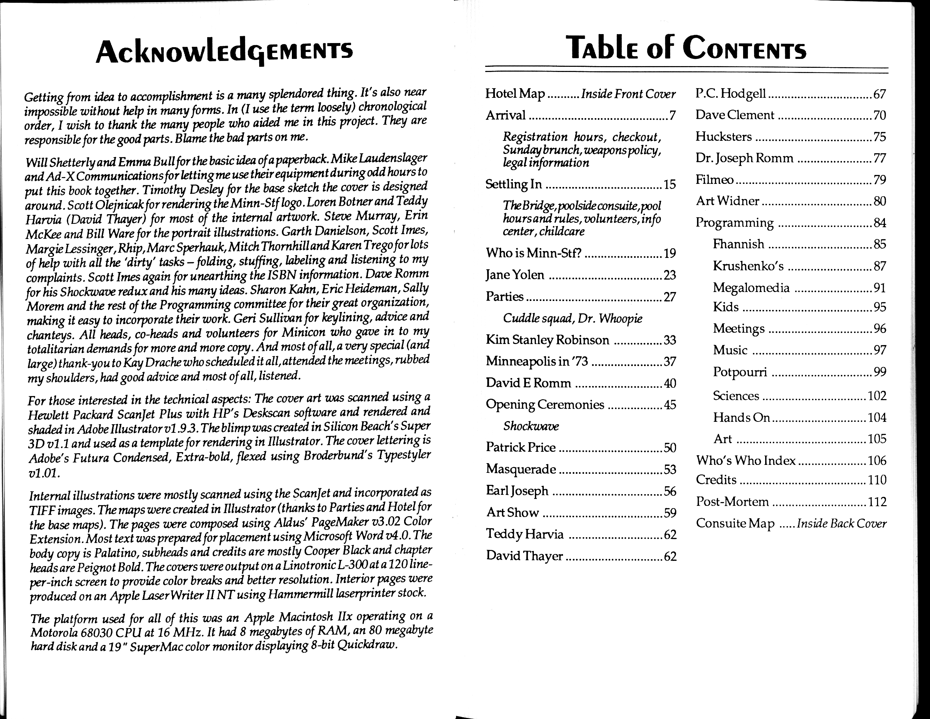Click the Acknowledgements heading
(224, 52)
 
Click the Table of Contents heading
(686, 49)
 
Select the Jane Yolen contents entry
(515, 275)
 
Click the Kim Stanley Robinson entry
(547, 340)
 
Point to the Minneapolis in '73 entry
(537, 362)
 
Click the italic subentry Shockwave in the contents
(531, 426)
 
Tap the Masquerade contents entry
(521, 469)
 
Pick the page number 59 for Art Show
(670, 513)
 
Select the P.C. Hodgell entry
(731, 94)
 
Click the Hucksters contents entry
(723, 137)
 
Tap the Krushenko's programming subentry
(748, 266)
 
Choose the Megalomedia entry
(751, 288)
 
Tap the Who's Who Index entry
(746, 460)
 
